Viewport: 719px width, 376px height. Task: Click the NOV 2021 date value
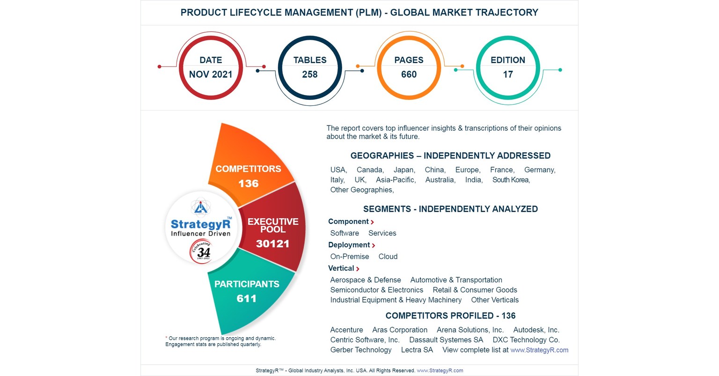pos(211,74)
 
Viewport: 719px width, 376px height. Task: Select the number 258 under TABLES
pos(310,74)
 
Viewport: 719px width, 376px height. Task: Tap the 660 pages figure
pos(409,74)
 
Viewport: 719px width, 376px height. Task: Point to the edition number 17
pos(508,74)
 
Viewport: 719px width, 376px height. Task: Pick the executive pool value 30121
pos(272,243)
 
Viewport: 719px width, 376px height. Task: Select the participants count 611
pos(246,298)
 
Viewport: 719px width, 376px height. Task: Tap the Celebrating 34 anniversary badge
pos(202,252)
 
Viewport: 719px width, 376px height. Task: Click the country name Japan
pos(404,170)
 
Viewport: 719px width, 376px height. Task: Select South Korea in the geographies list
pos(511,180)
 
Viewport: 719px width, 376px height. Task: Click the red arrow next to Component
pos(372,222)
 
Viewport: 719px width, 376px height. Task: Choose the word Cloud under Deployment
pos(388,257)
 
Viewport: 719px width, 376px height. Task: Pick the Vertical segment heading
pos(341,268)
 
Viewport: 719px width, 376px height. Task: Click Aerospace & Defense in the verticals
pos(365,280)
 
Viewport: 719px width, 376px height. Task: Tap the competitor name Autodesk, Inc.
pos(536,330)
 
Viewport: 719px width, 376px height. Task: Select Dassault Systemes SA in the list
pos(446,340)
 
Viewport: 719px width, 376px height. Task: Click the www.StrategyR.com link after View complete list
pos(539,350)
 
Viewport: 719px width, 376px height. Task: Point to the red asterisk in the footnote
pos(166,338)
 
